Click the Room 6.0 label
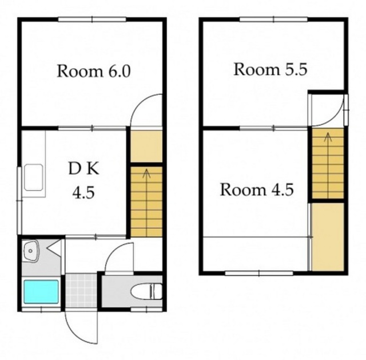click(94, 71)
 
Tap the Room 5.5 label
click(270, 69)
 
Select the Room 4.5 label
click(257, 189)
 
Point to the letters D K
click(84, 169)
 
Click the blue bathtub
click(41, 292)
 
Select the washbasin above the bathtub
click(30, 251)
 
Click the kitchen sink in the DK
click(34, 177)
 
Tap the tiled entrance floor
click(81, 291)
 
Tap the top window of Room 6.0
click(92, 19)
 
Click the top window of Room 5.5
click(273, 19)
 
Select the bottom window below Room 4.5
click(259, 273)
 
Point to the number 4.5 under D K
click(83, 193)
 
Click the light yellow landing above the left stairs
click(146, 147)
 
